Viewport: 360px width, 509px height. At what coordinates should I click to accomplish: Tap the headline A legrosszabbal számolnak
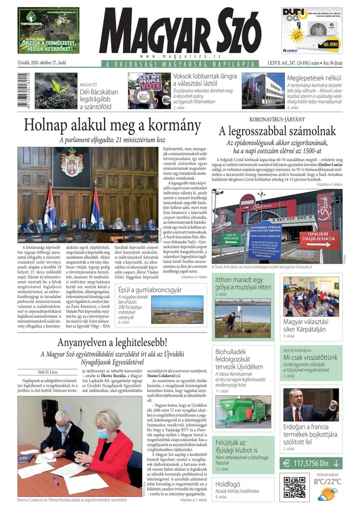click(x=277, y=131)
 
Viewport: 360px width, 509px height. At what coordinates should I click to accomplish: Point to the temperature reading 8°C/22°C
click(x=328, y=482)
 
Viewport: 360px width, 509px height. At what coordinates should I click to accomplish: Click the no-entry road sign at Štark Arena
click(x=247, y=202)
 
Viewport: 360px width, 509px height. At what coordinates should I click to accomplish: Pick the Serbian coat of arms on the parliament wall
click(x=72, y=162)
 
